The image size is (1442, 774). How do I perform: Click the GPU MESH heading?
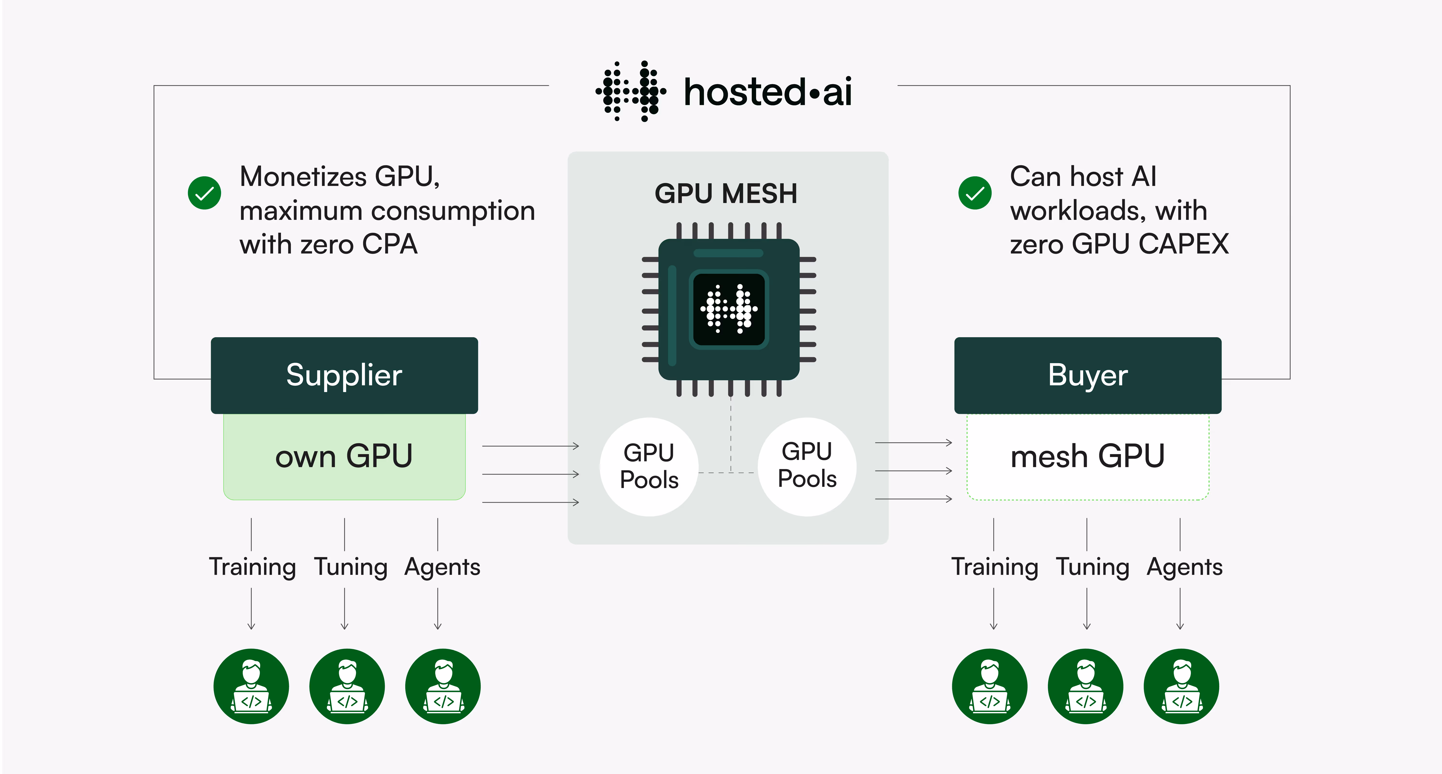(x=726, y=194)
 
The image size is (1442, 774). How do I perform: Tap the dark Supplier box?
(x=344, y=375)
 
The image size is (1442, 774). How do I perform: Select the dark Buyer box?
(x=1088, y=375)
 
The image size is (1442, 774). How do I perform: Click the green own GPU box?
(x=344, y=457)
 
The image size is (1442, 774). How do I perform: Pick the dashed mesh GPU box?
(x=1088, y=457)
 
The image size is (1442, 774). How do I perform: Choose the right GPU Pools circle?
(x=807, y=467)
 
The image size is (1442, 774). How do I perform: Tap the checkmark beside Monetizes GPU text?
(x=204, y=193)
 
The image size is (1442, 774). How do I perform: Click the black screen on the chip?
(x=729, y=309)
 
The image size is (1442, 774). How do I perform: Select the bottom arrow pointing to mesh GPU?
(x=914, y=498)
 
